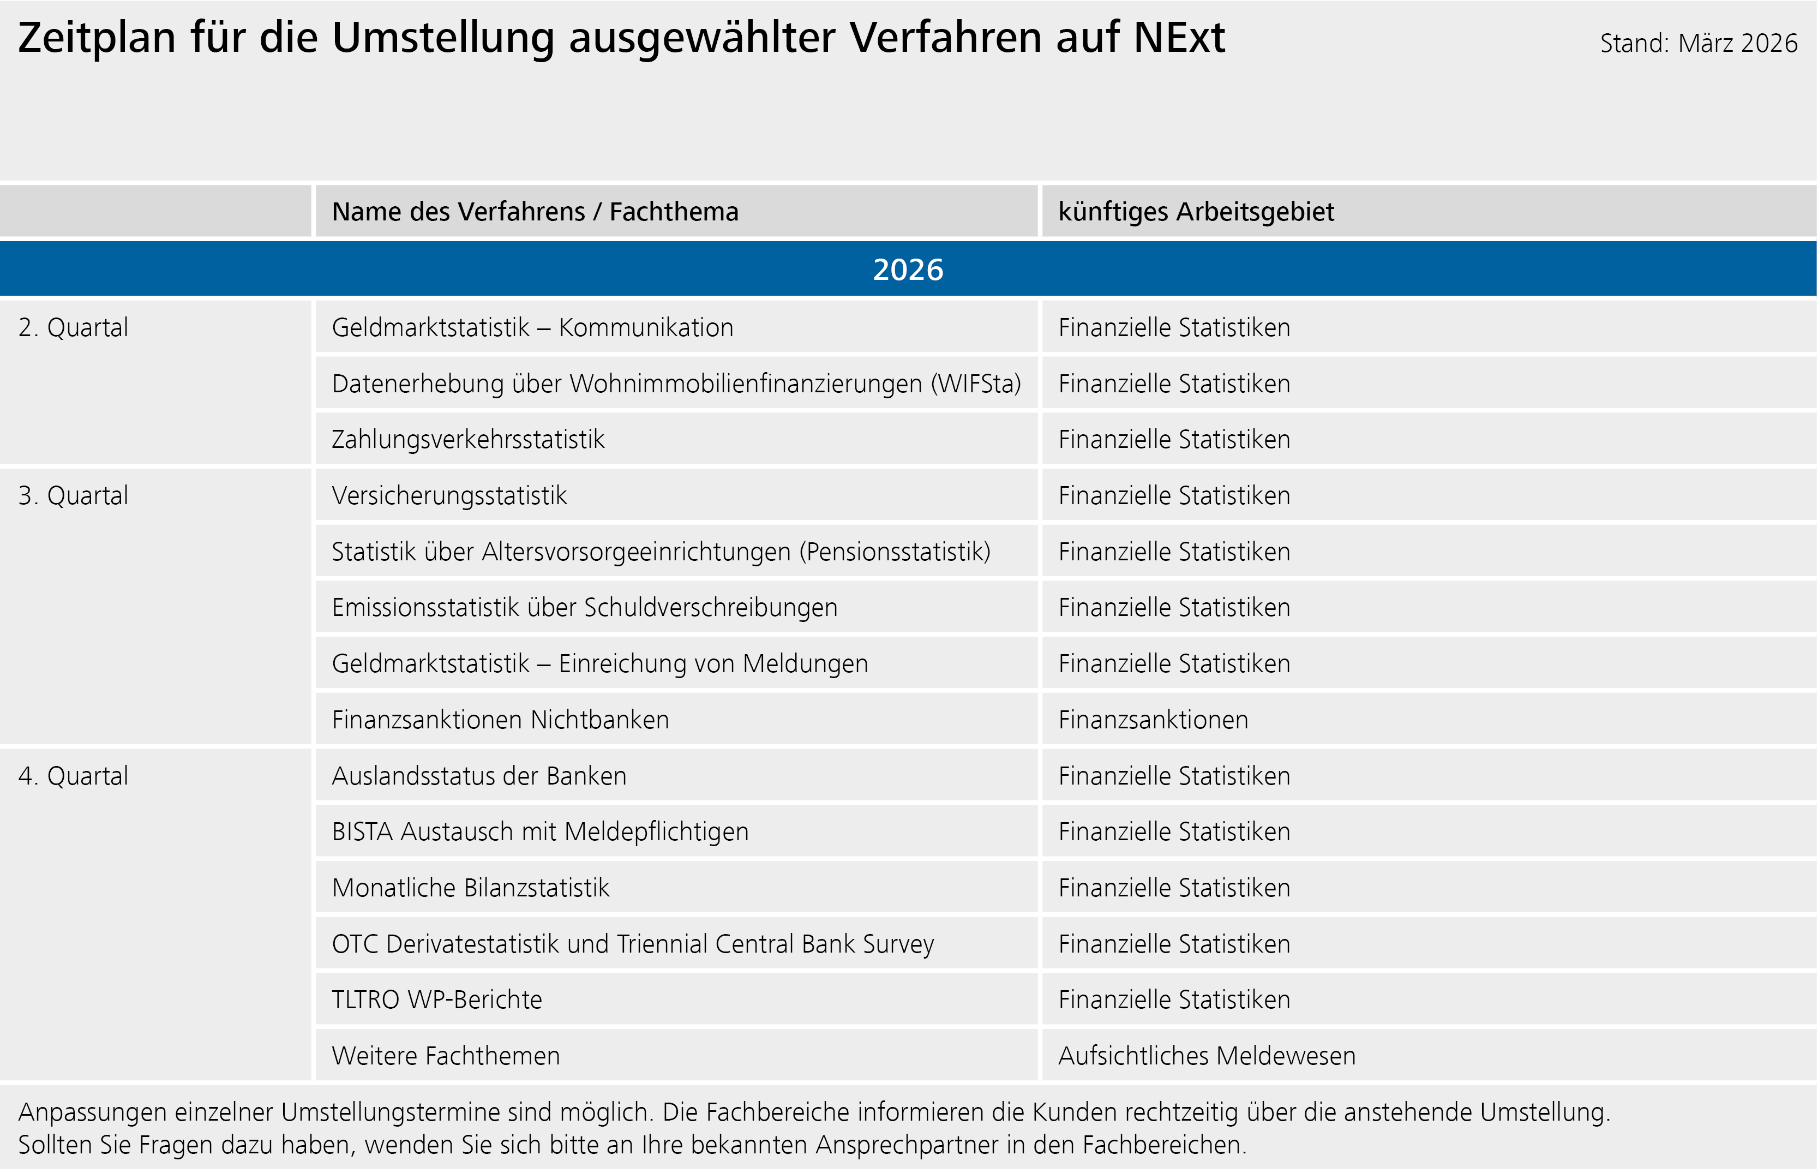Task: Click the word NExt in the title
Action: click(1179, 38)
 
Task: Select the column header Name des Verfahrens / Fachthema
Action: click(535, 212)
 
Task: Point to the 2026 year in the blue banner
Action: click(908, 270)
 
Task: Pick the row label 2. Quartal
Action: click(73, 327)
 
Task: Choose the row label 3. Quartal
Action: click(73, 496)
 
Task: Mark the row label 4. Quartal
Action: click(73, 776)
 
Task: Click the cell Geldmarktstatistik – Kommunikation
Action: click(532, 327)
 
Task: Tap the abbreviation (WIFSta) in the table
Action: click(975, 384)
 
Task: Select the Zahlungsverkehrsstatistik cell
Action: click(467, 440)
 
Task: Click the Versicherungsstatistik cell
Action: click(449, 496)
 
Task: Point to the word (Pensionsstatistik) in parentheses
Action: click(895, 552)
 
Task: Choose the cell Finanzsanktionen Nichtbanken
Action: click(500, 720)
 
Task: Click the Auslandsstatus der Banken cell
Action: click(479, 776)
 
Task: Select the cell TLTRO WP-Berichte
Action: click(436, 1000)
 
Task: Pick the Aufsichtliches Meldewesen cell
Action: click(1206, 1056)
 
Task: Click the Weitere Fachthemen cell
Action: click(446, 1056)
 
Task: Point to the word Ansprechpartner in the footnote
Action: click(906, 1145)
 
